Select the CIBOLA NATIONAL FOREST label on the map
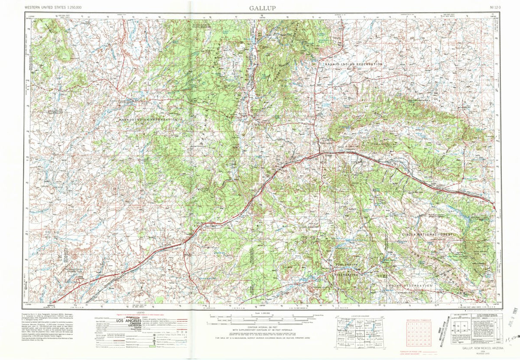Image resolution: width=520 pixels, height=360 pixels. point(427,234)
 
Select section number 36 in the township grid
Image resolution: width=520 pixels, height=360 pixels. point(429,345)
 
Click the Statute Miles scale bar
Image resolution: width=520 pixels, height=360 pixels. point(260,316)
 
